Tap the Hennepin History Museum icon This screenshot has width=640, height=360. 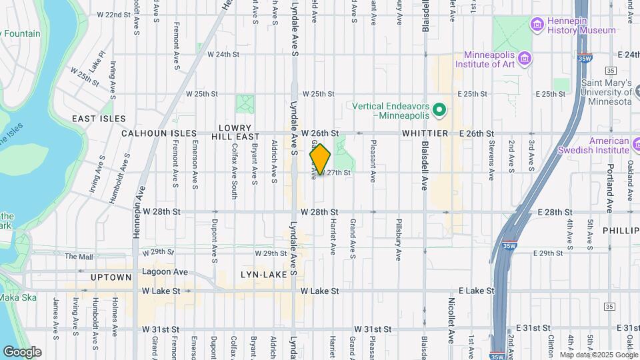point(537,25)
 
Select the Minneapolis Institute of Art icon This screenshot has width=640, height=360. point(525,59)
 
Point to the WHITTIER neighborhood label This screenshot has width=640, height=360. point(424,133)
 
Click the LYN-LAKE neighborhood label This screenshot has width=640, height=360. point(268,274)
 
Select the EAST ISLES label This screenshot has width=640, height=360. point(99,119)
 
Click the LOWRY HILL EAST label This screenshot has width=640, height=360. point(234,132)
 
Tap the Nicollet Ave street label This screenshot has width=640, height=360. point(450,326)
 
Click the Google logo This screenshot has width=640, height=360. point(22,352)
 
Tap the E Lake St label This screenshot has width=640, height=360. point(477,291)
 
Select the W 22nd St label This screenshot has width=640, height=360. point(113,14)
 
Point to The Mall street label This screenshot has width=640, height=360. point(79,256)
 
